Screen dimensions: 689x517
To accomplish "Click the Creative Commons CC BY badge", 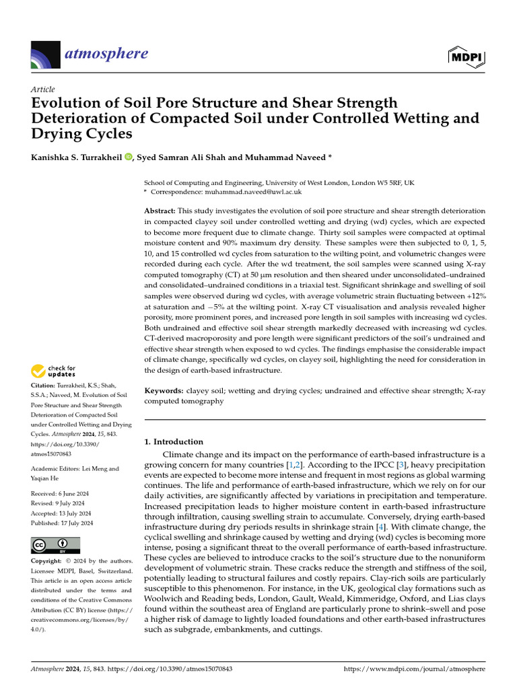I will click(55, 545).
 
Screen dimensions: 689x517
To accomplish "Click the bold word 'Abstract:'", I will click(163, 211).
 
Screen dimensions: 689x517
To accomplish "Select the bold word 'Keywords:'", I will click(164, 390).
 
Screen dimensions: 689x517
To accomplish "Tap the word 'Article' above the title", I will click(43, 89).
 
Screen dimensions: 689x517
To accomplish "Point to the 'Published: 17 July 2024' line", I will click(62, 523).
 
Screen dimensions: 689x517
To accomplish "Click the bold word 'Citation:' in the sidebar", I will click(46, 386).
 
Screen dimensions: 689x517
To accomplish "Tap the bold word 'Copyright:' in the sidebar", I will click(49, 561).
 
